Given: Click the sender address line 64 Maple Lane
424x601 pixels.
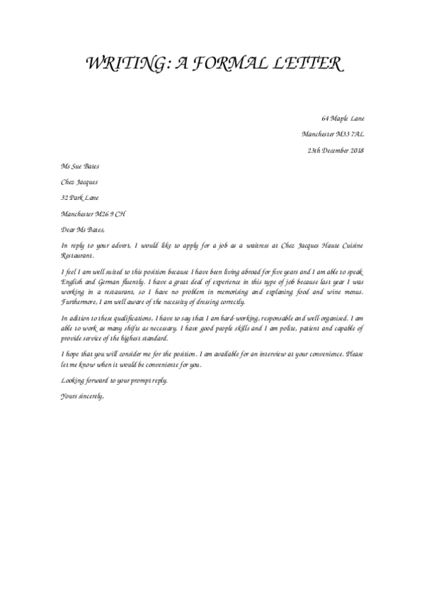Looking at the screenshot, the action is coord(343,118).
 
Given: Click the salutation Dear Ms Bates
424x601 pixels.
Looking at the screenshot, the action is coord(83,229).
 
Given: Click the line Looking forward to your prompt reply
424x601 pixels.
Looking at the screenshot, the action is coord(115,381).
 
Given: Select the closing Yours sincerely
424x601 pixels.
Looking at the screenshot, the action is coord(83,395).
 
